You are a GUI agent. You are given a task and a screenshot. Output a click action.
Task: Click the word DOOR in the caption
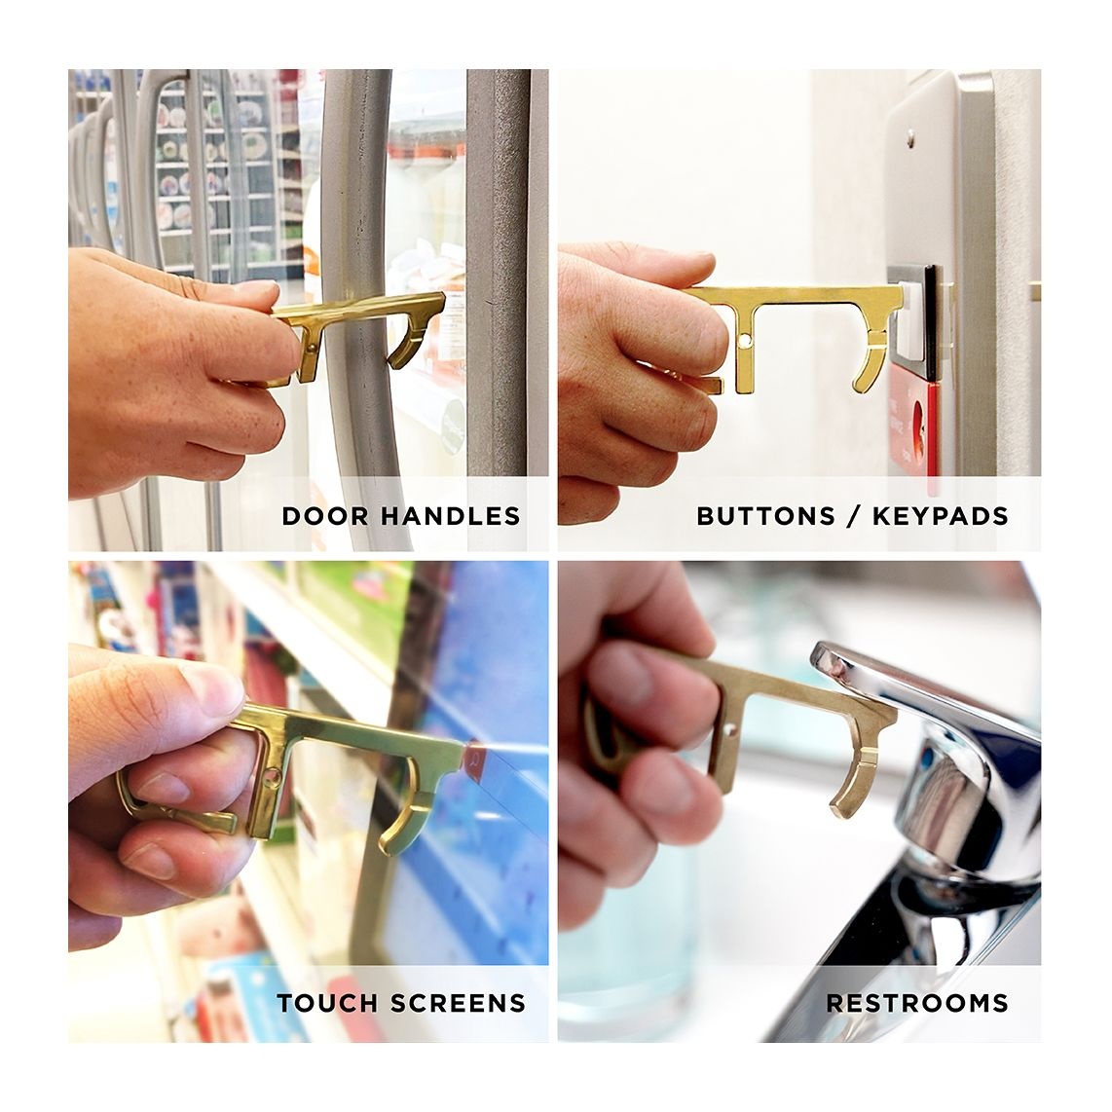coord(325,515)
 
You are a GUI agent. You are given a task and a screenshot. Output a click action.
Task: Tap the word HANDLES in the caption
coord(451,515)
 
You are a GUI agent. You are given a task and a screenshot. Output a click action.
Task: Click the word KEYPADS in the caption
coord(940,515)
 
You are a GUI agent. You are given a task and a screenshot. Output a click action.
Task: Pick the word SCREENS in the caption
coord(458,1003)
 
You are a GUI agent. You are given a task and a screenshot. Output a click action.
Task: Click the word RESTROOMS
coord(917,1003)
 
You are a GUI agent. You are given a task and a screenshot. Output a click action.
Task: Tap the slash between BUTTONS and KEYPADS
coord(854,515)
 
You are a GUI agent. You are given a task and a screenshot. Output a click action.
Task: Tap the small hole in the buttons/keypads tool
coord(744,342)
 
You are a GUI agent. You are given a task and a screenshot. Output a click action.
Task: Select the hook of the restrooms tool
coord(855,786)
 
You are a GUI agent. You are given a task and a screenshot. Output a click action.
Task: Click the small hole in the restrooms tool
coord(730,729)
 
